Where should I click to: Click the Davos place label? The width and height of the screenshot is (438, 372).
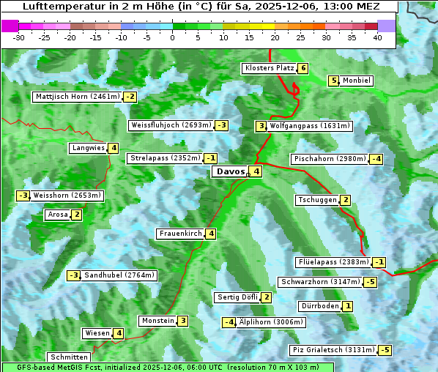point(229,172)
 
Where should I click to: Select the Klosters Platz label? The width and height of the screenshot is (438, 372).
point(269,69)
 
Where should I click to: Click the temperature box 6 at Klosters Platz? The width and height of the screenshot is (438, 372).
point(302,69)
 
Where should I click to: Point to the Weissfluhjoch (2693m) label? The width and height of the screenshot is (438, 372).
point(171,125)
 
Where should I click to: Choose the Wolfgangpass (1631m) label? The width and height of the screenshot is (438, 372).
point(310,126)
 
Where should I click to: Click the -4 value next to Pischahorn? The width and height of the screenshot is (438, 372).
point(376,159)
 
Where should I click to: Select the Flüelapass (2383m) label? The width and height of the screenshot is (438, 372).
point(333,262)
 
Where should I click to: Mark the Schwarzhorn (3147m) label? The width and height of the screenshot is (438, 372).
point(321,282)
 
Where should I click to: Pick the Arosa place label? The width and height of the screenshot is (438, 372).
point(57,215)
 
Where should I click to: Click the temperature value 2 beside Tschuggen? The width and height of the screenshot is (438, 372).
point(345,200)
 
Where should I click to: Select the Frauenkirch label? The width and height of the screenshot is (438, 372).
point(180,234)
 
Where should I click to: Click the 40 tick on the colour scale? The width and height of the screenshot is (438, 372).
point(377,38)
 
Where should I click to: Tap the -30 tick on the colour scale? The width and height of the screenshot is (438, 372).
point(19,38)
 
